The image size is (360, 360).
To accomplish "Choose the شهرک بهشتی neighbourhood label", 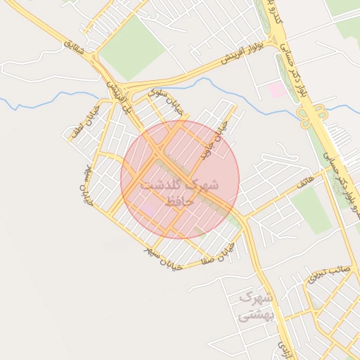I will (x=254, y=307).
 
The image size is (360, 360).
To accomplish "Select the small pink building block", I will (x=277, y=90).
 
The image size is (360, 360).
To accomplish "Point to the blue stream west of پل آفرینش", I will (x=42, y=102).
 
